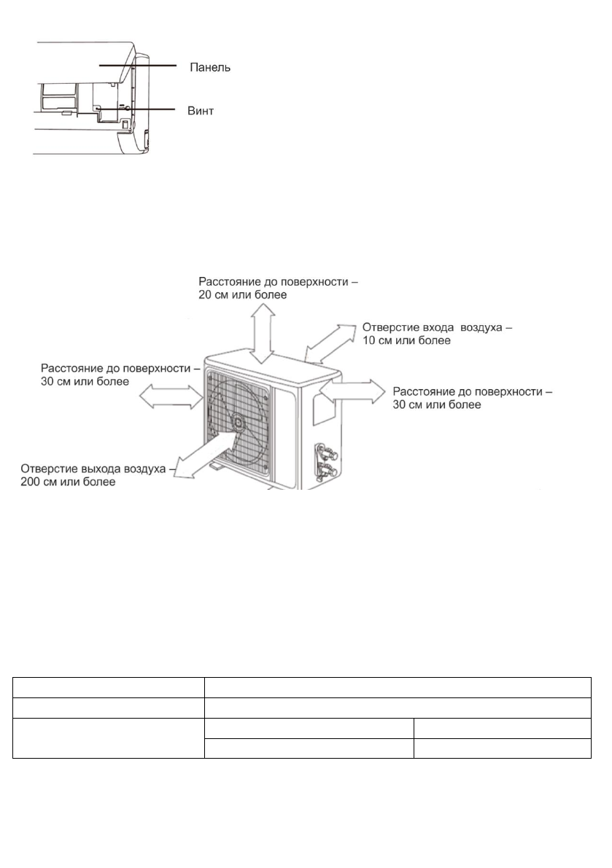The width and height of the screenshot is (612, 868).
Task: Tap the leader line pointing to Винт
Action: [x=146, y=109]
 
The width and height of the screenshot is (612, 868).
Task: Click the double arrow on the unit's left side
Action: [x=171, y=397]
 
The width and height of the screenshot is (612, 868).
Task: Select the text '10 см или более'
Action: [x=406, y=340]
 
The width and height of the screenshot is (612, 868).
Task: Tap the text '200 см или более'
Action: [x=69, y=482]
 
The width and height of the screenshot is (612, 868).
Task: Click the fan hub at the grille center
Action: [x=238, y=422]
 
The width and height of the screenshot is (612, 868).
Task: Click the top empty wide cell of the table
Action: [x=397, y=687]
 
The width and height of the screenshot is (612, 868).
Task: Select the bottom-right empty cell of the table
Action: [x=502, y=748]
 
